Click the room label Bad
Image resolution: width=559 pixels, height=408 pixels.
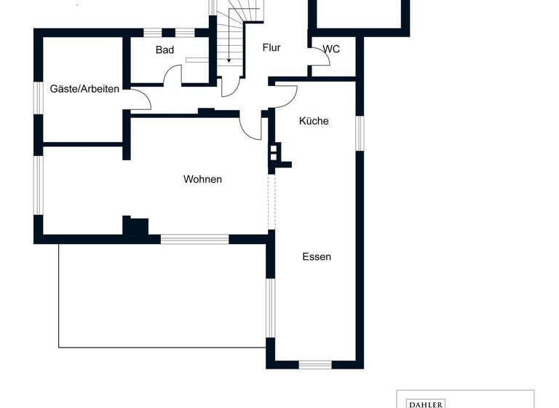tap(165, 50)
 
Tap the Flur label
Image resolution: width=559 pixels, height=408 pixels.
tap(271, 48)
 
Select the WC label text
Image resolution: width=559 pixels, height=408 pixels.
tap(331, 49)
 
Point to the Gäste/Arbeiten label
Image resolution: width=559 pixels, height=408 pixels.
tap(84, 89)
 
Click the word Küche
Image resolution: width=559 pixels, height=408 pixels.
tap(314, 121)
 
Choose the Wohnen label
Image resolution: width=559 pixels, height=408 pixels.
tap(202, 179)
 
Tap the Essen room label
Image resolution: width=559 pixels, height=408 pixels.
tap(317, 256)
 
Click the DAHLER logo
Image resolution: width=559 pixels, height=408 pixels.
tap(424, 402)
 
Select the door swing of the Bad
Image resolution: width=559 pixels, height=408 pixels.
tap(173, 75)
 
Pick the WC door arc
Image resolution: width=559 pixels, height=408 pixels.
tap(321, 58)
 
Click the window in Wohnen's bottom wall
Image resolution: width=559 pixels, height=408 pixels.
tap(194, 238)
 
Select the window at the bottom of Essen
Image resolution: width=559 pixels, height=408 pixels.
tap(315, 364)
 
